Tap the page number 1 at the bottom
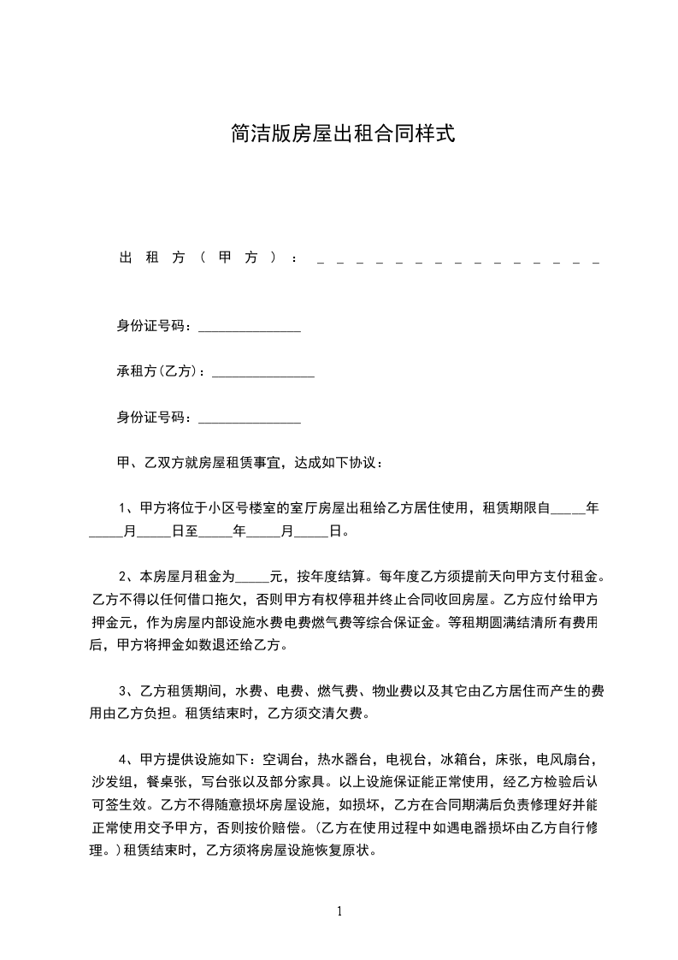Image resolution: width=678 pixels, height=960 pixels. pyautogui.click(x=339, y=910)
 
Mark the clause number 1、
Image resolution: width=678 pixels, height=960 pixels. pyautogui.click(x=125, y=507)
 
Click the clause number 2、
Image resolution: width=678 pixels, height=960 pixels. pyautogui.click(x=125, y=575)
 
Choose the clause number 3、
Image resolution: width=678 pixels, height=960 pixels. pyautogui.click(x=125, y=689)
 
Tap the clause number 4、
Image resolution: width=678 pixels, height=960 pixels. pyautogui.click(x=125, y=758)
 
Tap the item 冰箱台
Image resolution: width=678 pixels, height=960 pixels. pyautogui.click(x=462, y=758)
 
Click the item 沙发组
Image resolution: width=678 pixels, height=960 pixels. pyautogui.click(x=109, y=780)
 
